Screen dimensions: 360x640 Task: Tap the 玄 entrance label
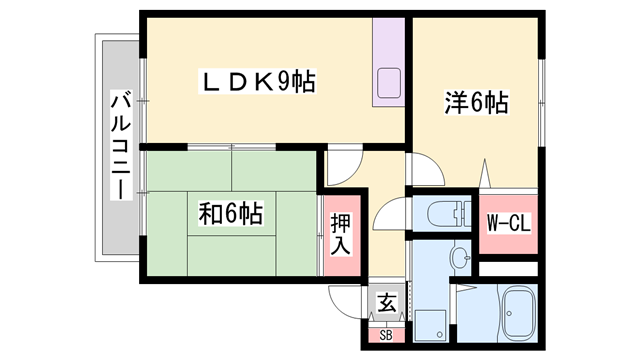point(386,301)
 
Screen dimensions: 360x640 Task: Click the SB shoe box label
point(386,335)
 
